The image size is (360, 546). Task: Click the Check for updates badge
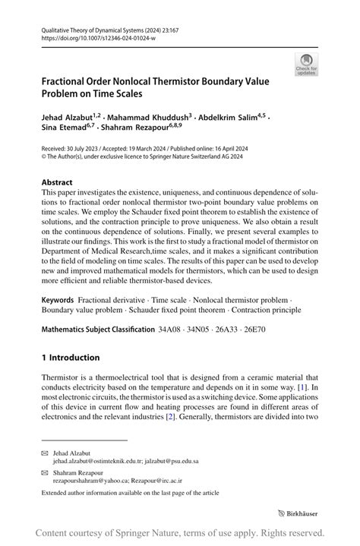pos(307,65)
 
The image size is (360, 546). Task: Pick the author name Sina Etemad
pos(64,131)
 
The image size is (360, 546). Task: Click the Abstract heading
pos(57,183)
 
